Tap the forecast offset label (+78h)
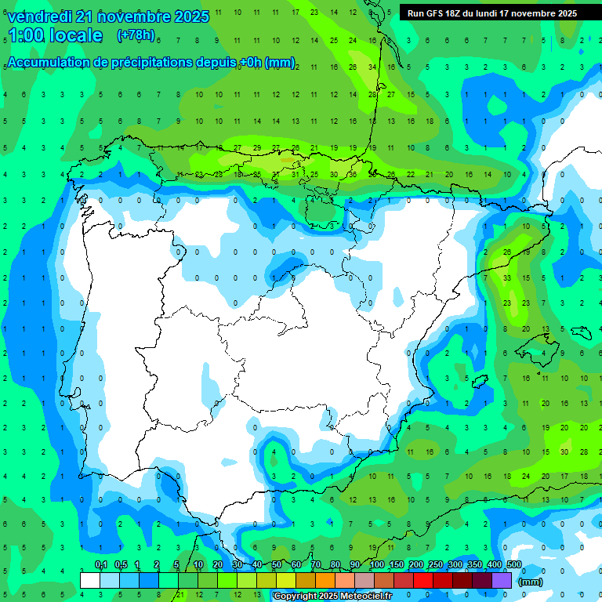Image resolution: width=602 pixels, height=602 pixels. click(136, 34)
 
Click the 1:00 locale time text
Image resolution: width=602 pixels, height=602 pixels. click(55, 35)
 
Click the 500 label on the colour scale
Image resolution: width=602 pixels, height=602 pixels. click(514, 565)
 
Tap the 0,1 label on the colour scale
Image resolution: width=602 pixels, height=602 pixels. click(101, 565)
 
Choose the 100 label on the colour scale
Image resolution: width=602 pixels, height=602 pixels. click(377, 565)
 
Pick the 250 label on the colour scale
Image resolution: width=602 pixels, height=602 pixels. click(436, 565)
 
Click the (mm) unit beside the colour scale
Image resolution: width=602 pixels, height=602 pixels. click(531, 582)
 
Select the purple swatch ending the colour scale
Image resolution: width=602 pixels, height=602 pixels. click(502, 580)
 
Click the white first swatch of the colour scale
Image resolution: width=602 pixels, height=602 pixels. click(90, 580)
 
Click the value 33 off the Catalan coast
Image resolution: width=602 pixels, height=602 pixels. click(507, 278)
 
